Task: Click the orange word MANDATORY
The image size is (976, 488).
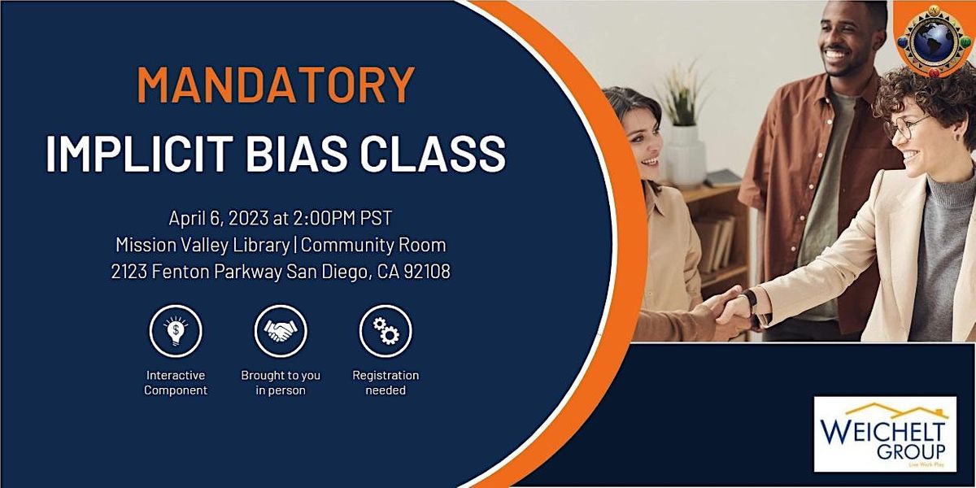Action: [276, 85]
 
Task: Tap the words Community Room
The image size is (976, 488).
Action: [375, 245]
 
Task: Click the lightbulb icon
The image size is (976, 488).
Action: [176, 331]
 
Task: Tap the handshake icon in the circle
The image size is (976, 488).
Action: [281, 331]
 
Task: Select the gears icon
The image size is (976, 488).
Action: [386, 331]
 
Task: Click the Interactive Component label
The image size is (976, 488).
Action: [176, 383]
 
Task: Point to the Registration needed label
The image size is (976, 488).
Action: [386, 383]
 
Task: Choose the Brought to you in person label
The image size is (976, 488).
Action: [281, 383]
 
